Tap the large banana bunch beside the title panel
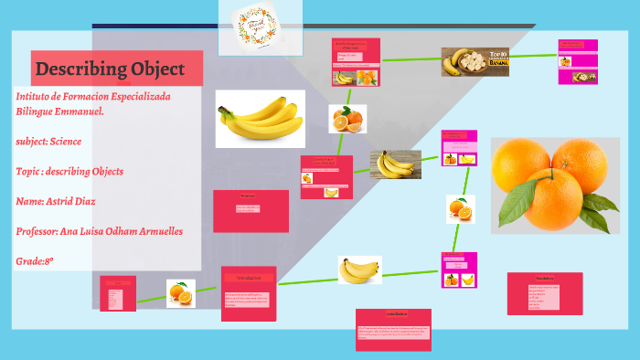pyautogui.click(x=261, y=119)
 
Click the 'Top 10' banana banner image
pyautogui.click(x=475, y=61)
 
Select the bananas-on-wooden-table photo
pyautogui.click(x=395, y=164)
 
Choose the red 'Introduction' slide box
pyautogui.click(x=249, y=293)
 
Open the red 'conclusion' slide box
pyautogui.click(x=394, y=329)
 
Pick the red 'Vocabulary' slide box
pyautogui.click(x=545, y=293)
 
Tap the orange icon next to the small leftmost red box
pyautogui.click(x=180, y=293)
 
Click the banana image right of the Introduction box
pyautogui.click(x=359, y=270)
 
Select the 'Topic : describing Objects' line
pyautogui.click(x=69, y=171)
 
